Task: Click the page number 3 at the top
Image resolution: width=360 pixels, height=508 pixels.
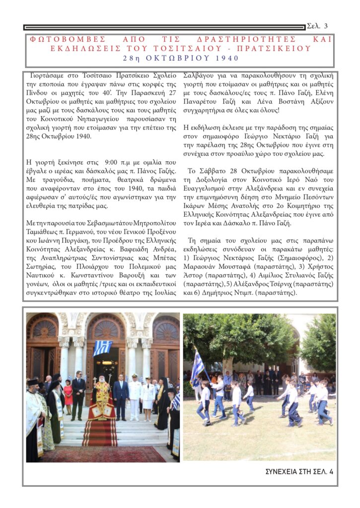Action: click(325, 26)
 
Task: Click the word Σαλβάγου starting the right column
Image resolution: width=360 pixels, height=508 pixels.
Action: click(199, 76)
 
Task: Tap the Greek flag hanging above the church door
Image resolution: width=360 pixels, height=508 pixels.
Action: click(103, 347)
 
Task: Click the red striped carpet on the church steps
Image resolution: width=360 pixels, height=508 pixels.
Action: click(99, 432)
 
